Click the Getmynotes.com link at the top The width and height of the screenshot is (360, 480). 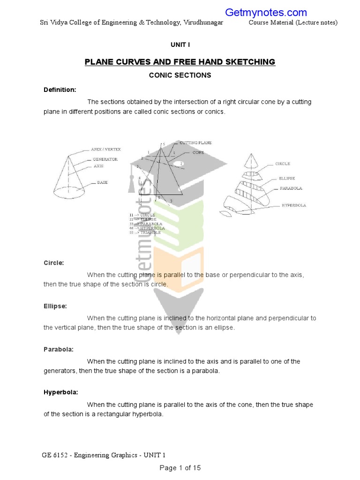[266, 13]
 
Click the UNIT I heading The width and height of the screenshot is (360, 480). [180, 45]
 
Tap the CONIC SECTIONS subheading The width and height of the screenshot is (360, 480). [180, 75]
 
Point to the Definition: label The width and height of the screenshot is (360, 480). [60, 90]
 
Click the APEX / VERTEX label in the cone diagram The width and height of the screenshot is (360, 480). [106, 150]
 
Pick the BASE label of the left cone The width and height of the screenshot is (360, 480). [102, 182]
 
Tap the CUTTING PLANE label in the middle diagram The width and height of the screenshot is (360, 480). [195, 142]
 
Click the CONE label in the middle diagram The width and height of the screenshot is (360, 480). [197, 153]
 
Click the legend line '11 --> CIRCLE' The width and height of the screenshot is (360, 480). [142, 215]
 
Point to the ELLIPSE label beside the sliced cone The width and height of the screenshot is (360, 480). [287, 178]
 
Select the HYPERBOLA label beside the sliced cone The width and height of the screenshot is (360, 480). [294, 205]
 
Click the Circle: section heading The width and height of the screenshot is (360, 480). [54, 263]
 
